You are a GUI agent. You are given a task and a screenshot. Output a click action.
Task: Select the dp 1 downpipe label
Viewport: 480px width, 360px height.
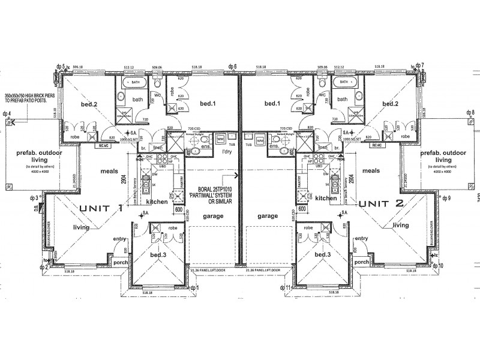(193, 289)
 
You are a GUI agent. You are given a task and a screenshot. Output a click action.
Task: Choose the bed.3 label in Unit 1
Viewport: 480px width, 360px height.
(159, 255)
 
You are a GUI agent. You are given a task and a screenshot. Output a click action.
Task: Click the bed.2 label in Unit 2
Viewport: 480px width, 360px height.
(391, 104)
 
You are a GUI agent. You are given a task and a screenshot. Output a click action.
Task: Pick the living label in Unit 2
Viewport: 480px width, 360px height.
(401, 226)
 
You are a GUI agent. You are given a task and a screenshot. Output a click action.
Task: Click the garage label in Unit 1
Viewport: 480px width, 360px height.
(211, 215)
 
